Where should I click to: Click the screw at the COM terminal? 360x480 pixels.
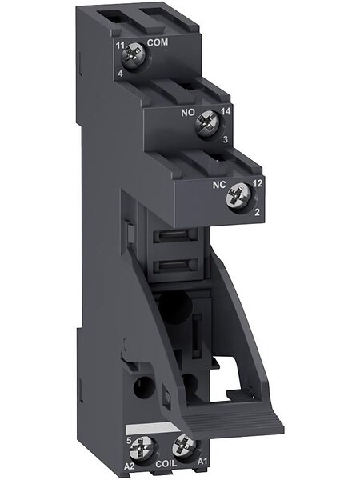pos(133,56)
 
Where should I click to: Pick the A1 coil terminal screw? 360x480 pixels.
pos(184,446)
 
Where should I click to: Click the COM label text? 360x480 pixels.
pos(158,42)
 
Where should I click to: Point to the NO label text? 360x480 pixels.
pos(188,113)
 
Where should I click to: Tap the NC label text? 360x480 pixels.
pos(219,185)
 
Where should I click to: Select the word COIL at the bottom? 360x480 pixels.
pos(166,463)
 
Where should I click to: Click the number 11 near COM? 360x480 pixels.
pos(120,46)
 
